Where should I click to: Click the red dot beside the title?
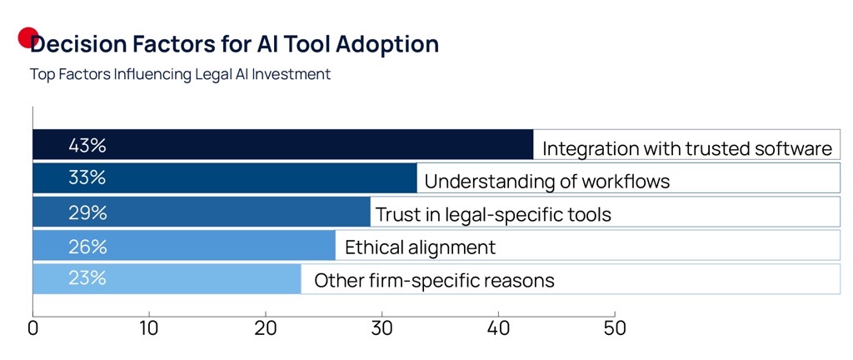(x=28, y=37)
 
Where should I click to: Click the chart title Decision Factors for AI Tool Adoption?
(x=234, y=44)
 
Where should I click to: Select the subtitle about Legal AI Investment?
(x=180, y=74)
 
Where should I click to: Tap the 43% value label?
(x=87, y=145)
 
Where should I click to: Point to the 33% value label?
(x=87, y=177)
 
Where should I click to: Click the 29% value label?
(x=87, y=212)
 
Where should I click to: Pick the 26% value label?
(x=87, y=246)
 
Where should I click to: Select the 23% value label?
(x=87, y=277)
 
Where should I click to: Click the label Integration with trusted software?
(x=687, y=148)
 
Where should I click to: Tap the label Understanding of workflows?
(x=546, y=181)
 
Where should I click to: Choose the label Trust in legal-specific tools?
(x=493, y=214)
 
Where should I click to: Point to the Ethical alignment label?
(x=420, y=247)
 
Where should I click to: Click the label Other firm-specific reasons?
(x=434, y=280)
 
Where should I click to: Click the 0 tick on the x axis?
(x=32, y=327)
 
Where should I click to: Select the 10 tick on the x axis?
(x=149, y=327)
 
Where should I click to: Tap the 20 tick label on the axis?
(x=266, y=327)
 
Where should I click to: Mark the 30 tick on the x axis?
(x=382, y=327)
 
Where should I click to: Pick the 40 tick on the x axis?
(x=498, y=327)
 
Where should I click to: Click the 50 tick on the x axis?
(x=614, y=327)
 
